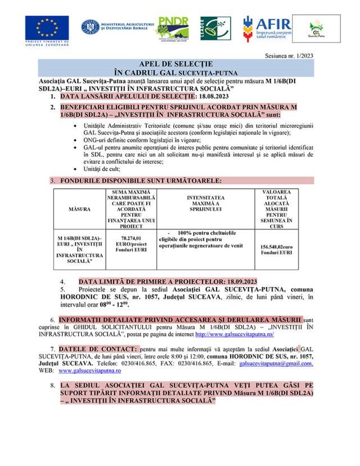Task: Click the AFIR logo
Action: coord(267,27)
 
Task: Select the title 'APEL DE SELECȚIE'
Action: coord(180,64)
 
